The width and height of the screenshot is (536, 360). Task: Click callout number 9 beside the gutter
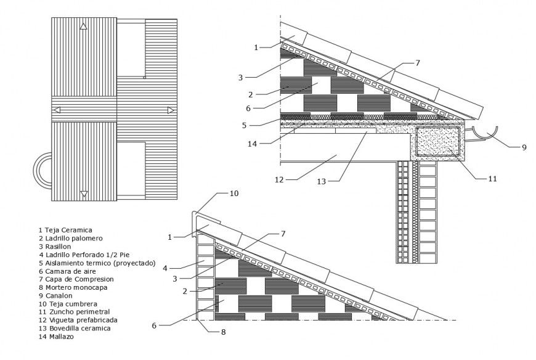click(525, 148)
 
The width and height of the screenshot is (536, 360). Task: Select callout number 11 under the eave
click(492, 179)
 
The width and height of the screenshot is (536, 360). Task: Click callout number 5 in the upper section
click(243, 125)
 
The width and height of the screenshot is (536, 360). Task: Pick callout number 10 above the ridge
click(234, 194)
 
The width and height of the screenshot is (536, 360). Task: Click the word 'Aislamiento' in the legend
click(70, 263)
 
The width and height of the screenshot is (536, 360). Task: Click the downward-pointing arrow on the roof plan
click(84, 195)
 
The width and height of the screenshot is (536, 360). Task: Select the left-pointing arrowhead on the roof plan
click(56, 110)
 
